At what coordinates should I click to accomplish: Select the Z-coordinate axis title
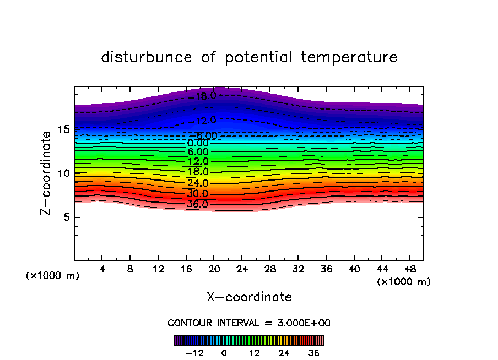pos(47,173)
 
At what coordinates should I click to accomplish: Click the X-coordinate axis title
pos(249,297)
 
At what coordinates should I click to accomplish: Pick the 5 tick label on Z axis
pos(64,217)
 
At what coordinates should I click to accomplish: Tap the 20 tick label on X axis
pos(214,270)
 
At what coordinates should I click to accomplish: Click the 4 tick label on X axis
pos(102,270)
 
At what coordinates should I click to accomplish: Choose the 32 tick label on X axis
pos(297,270)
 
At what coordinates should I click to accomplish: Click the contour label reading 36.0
pos(198,204)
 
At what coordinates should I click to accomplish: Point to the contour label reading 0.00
pos(198,143)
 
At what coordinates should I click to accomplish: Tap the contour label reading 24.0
pos(198,183)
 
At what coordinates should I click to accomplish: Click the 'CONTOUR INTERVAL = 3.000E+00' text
pos(249,323)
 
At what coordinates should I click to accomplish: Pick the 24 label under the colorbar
pos(284,353)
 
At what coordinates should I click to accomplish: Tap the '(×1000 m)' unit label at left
pos(53,276)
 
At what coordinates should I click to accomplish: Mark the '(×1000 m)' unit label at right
pos(404,282)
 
